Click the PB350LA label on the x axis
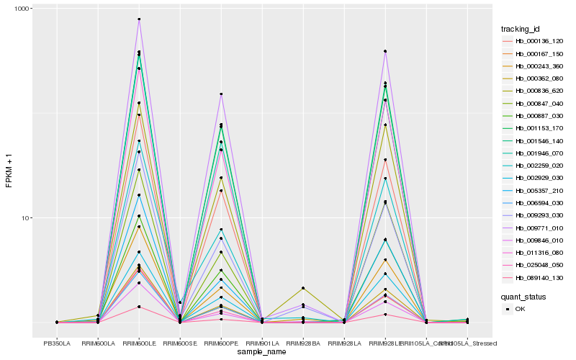click(x=57, y=343)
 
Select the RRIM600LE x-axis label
click(x=139, y=343)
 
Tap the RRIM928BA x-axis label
click(x=303, y=343)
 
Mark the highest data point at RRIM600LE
click(x=139, y=19)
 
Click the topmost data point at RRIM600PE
click(x=221, y=94)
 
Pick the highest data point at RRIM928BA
click(x=303, y=288)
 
